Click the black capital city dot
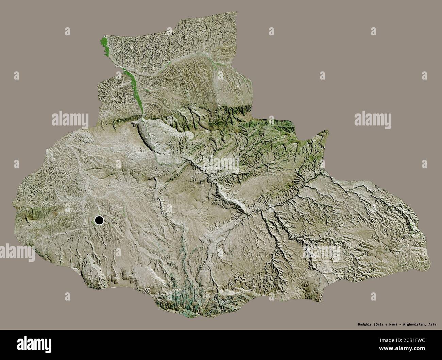point(99,221)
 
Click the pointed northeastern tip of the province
point(327,131)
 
